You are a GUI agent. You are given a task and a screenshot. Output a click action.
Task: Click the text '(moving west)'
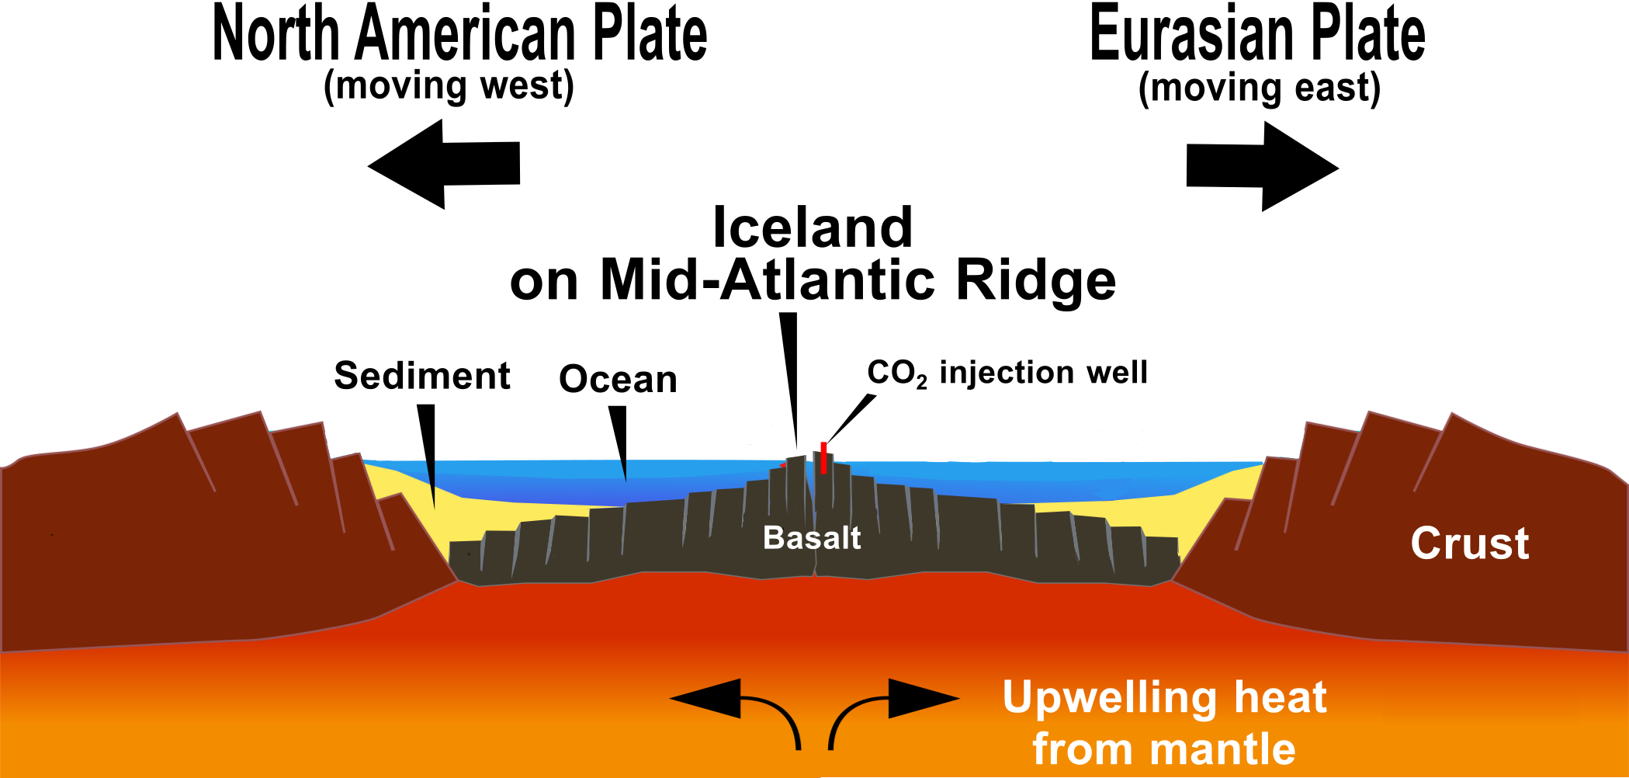pyautogui.click(x=449, y=85)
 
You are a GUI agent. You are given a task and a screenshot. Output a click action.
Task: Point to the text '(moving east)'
pyautogui.click(x=1259, y=88)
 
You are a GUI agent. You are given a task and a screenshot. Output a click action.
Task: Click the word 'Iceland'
pyautogui.click(x=812, y=227)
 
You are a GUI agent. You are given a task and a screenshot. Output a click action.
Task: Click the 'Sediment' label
pyautogui.click(x=421, y=376)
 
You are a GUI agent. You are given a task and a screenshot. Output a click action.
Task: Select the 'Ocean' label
pyautogui.click(x=618, y=379)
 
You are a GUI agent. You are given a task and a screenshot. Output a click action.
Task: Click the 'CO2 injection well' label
pyautogui.click(x=1007, y=373)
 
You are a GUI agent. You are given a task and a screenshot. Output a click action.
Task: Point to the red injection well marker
pyautogui.click(x=823, y=457)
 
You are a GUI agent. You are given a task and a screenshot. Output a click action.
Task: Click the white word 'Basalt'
pyautogui.click(x=812, y=537)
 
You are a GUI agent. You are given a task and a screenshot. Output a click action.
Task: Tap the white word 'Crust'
pyautogui.click(x=1469, y=543)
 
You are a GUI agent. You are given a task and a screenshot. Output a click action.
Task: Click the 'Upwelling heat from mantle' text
pyautogui.click(x=1164, y=722)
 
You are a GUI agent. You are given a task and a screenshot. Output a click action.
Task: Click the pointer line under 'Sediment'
pyautogui.click(x=428, y=450)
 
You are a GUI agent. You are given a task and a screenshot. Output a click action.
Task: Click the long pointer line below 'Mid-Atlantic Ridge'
pyautogui.click(x=790, y=380)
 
